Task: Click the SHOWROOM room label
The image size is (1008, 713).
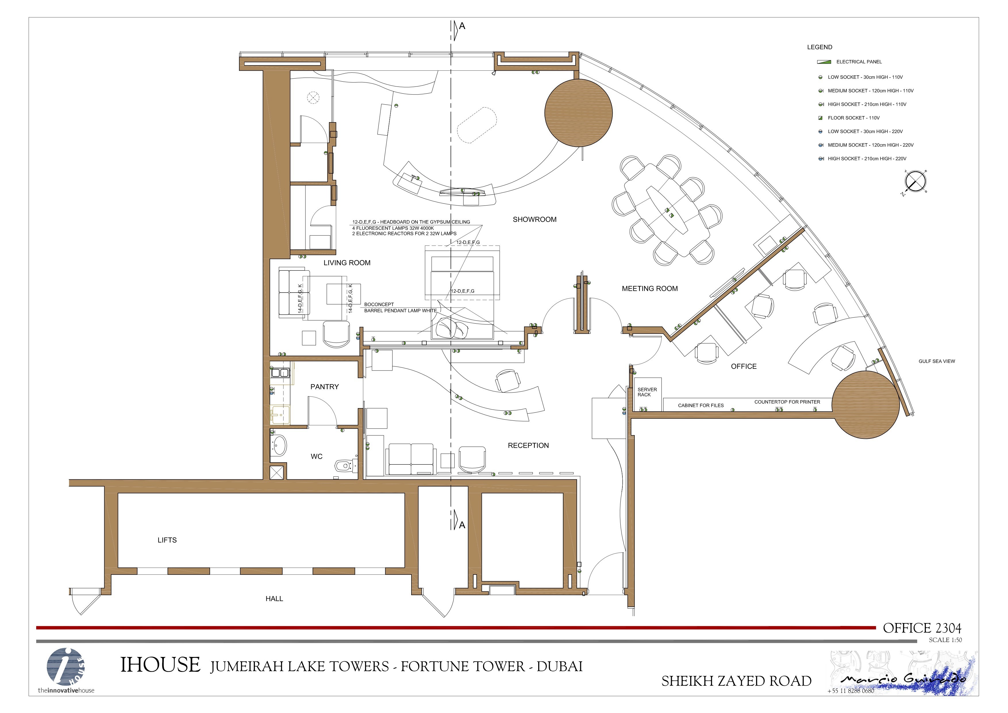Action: [x=534, y=220]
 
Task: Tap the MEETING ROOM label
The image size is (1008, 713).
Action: [x=650, y=289]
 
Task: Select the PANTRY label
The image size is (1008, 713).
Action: [x=324, y=387]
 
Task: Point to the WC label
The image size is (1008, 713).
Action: [x=317, y=457]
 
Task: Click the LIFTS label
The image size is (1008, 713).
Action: [x=167, y=540]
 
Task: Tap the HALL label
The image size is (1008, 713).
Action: [x=274, y=599]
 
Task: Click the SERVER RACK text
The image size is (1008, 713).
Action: [x=647, y=392]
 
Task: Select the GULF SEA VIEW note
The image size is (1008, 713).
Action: [x=937, y=361]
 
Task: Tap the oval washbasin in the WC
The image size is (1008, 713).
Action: [x=279, y=446]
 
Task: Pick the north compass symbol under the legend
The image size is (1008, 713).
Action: [x=915, y=182]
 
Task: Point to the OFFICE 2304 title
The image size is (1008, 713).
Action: [x=922, y=628]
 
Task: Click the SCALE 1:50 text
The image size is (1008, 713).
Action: [x=945, y=640]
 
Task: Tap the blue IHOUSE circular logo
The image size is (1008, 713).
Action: [x=66, y=667]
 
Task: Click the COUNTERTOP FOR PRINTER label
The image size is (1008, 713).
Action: [x=787, y=402]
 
